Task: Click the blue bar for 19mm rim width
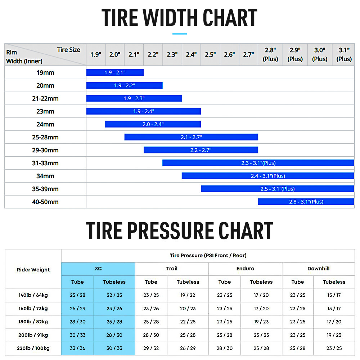pos(115,73)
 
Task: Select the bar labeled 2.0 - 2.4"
pos(153,124)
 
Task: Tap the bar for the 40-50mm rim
pos(306,202)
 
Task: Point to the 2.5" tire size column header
pos(211,55)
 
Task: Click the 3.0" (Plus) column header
pos(320,54)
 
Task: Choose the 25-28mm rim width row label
pos(45,137)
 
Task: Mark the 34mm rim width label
pos(45,176)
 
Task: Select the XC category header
pos(98,269)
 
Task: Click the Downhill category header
pos(319,269)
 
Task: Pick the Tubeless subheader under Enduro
pos(261,282)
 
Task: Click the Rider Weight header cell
pos(33,270)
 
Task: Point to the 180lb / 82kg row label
pos(33,321)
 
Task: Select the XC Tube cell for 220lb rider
pos(78,348)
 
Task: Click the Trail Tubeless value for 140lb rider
pos(188,295)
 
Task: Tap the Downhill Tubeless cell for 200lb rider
pos(334,335)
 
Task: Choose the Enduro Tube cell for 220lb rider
pos(225,348)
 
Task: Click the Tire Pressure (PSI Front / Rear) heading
pos(208,255)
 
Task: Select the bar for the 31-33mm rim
pos(258,163)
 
